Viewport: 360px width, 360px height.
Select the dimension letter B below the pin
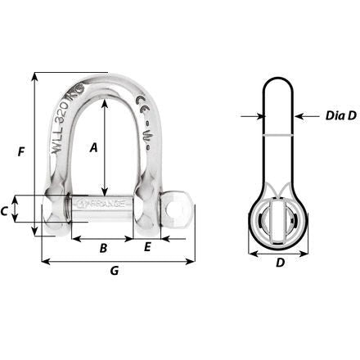pos(103,248)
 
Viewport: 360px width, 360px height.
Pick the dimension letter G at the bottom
pos(115,271)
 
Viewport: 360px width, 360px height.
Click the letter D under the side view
pos(279,263)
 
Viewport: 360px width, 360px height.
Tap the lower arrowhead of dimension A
pos(106,189)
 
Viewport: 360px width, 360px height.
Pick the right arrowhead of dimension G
pos(192,262)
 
